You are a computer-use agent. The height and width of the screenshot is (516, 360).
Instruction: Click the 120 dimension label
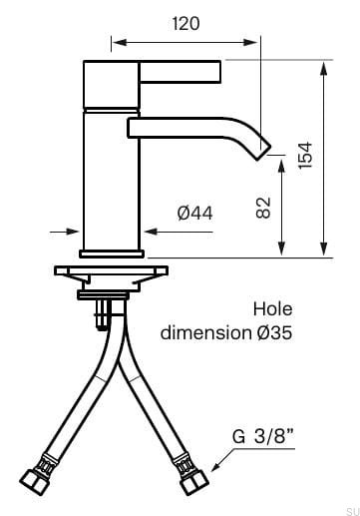pyautogui.click(x=185, y=24)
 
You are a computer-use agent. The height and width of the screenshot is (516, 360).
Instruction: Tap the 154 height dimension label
pyautogui.click(x=305, y=155)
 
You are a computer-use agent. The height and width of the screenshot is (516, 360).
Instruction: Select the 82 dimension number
pyautogui.click(x=263, y=208)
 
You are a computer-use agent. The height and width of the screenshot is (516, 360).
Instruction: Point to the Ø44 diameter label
pyautogui.click(x=194, y=213)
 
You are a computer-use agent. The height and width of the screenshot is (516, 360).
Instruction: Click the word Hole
pyautogui.click(x=272, y=309)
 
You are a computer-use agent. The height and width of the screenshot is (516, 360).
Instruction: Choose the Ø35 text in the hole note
pyautogui.click(x=274, y=332)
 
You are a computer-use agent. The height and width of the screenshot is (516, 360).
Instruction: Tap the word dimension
pyautogui.click(x=205, y=332)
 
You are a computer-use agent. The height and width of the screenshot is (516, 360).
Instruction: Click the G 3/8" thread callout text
pyautogui.click(x=263, y=436)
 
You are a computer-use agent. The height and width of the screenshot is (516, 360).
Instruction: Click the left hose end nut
pyautogui.click(x=35, y=482)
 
